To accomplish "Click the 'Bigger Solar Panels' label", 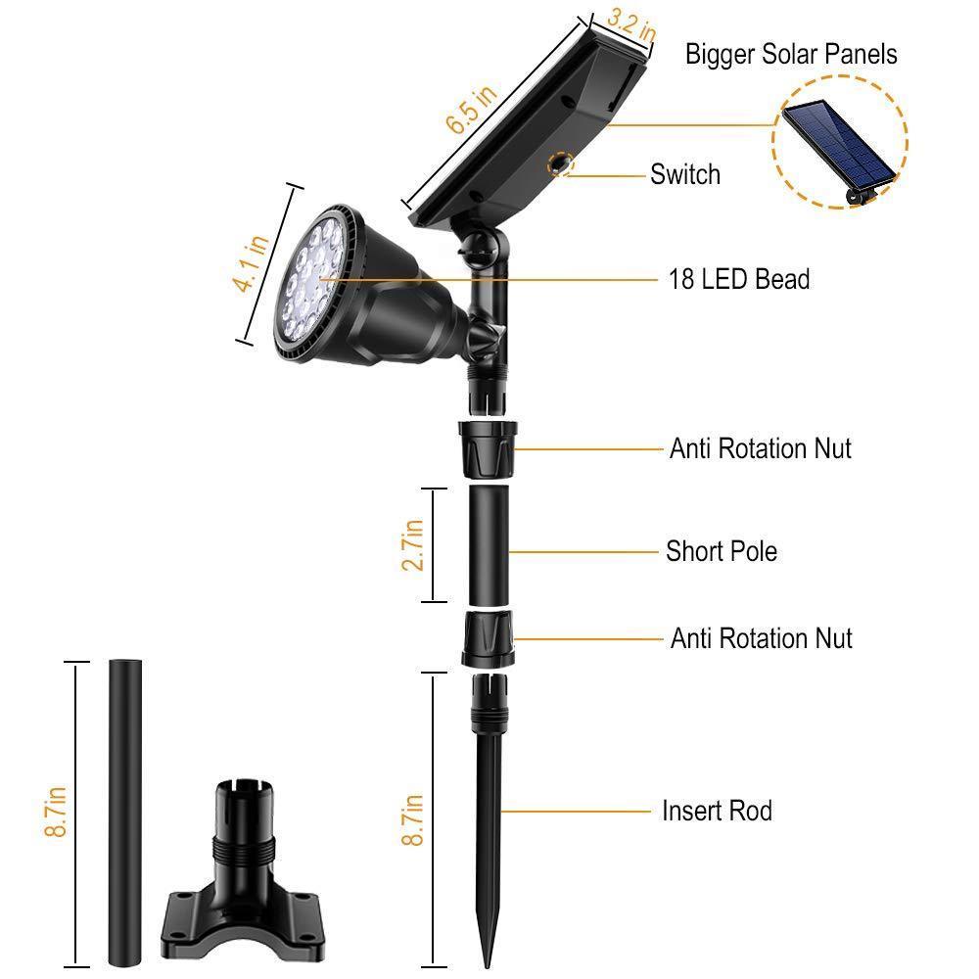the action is coord(791,54).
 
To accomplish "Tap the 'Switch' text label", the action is coord(685,174).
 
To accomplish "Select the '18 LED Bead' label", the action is coord(739,279).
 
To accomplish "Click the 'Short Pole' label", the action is coord(722,551).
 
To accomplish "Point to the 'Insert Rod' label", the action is coord(717,811).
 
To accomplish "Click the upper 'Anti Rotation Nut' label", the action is coord(761,448).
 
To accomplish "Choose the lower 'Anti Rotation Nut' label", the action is coord(761,638).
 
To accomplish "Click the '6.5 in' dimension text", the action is coord(472,110).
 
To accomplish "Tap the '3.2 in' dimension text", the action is coord(631,25).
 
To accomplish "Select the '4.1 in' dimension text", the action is coord(251,263).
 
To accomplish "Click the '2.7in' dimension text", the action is coord(413,544).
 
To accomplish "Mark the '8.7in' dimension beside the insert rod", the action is coord(413,819).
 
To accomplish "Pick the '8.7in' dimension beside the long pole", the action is coord(56,812).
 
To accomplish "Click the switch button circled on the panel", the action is coord(559,164).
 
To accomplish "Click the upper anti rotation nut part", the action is coord(488,449).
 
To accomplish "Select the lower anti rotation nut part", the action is coord(489,639).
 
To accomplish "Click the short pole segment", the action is coord(489,545).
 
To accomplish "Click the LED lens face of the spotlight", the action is coord(313,279).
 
